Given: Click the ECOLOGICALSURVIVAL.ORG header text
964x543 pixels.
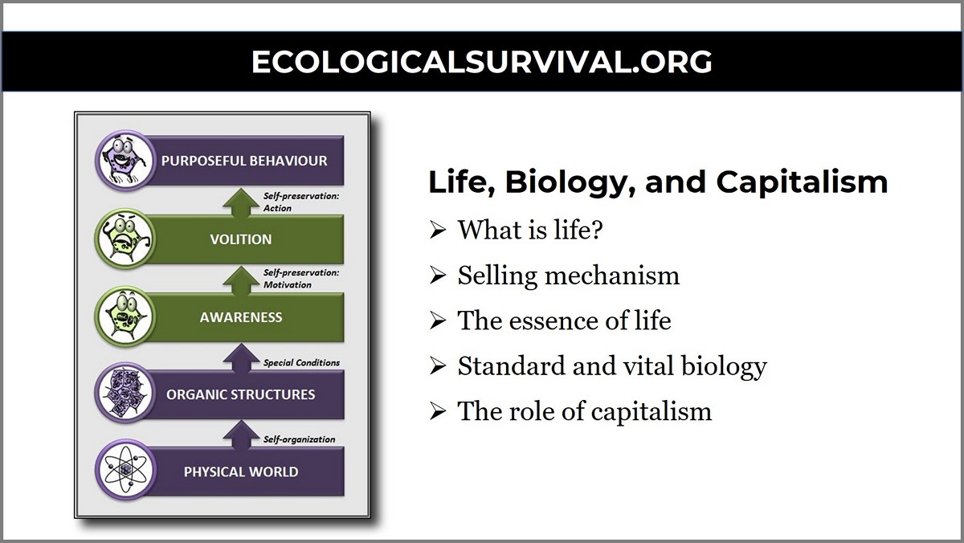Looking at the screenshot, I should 482,62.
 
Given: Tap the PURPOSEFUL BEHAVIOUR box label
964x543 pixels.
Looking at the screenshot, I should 244,161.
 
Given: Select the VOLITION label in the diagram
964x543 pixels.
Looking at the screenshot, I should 240,239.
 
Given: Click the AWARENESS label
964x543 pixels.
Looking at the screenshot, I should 241,316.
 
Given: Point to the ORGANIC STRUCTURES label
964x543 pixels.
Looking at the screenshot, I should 240,394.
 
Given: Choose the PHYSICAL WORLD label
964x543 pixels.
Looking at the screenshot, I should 240,472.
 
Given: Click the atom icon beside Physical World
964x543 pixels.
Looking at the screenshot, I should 125,471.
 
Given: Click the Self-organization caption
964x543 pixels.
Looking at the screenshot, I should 299,439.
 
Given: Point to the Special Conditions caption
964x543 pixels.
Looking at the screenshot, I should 301,362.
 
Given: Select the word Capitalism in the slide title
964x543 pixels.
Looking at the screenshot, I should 802,182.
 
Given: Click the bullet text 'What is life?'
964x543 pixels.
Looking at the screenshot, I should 530,231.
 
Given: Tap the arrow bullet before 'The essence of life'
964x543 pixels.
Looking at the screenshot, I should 437,321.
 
